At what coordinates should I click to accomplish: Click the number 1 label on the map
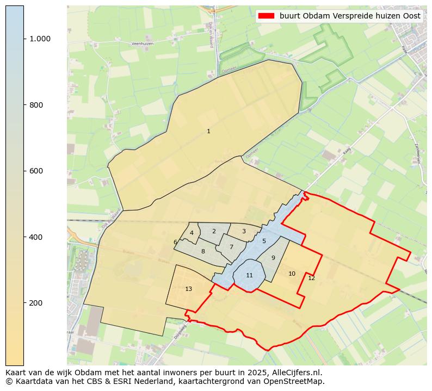(x=208, y=131)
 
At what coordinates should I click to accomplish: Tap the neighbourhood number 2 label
(x=214, y=231)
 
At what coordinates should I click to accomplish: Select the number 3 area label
(x=244, y=231)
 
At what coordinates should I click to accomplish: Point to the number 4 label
(x=192, y=233)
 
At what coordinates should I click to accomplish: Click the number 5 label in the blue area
(x=264, y=241)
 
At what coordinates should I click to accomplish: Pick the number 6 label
(x=175, y=243)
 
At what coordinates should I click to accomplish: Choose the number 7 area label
(x=231, y=247)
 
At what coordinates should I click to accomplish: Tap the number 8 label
(x=203, y=251)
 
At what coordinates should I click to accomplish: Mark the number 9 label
(x=273, y=258)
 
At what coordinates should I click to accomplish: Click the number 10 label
(x=292, y=274)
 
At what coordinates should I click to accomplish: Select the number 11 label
(x=249, y=275)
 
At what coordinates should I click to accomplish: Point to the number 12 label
(x=311, y=278)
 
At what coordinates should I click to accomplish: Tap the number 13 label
(x=188, y=289)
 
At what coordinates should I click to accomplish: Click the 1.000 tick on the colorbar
(x=40, y=39)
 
